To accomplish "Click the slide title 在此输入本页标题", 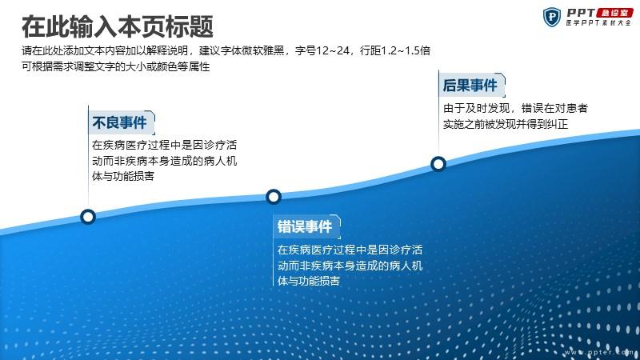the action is click(x=117, y=26).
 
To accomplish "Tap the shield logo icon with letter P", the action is click(x=552, y=17).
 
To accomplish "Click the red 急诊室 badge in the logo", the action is click(x=614, y=13).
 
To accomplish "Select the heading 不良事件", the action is click(x=119, y=122).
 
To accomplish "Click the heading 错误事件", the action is click(x=305, y=226).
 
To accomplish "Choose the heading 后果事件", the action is click(x=470, y=86).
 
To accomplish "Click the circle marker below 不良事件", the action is click(x=88, y=217).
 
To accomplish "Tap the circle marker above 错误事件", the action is click(x=274, y=197).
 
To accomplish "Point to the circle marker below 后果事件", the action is click(x=438, y=164).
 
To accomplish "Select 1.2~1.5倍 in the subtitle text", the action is click(x=406, y=50).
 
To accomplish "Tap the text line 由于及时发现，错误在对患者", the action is click(x=515, y=108).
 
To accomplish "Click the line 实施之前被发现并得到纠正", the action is click(x=506, y=124).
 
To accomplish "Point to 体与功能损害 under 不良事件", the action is click(x=123, y=176).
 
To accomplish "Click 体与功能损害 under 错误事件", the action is click(x=309, y=281).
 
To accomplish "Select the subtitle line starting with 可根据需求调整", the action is click(x=116, y=66).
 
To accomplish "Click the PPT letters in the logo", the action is click(x=581, y=13).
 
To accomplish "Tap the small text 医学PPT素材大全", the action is click(x=598, y=23).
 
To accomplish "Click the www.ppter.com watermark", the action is click(x=598, y=352).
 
